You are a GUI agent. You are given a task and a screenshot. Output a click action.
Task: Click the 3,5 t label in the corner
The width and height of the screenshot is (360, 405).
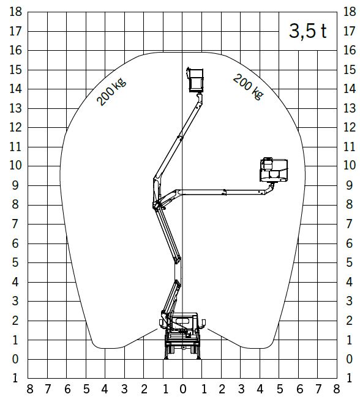(307, 31)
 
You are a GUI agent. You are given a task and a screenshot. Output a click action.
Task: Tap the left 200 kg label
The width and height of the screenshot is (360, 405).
(111, 92)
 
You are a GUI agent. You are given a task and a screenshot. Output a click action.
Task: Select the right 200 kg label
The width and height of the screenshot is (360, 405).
(249, 86)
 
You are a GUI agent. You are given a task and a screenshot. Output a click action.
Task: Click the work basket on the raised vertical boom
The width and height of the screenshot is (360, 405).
(195, 80)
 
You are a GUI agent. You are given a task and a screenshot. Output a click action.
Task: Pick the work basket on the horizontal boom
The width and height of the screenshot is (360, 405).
(274, 170)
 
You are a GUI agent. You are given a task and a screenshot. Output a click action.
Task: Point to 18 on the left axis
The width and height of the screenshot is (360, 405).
(16, 12)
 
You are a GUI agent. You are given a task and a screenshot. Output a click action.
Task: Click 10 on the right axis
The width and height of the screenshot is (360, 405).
(350, 165)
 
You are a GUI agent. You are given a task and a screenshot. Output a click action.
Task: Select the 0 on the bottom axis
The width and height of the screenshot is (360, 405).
(182, 388)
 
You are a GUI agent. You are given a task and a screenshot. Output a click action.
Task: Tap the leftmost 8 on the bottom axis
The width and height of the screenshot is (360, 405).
(30, 388)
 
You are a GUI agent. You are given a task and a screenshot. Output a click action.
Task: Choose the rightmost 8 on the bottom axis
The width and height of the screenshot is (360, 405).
(336, 388)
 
